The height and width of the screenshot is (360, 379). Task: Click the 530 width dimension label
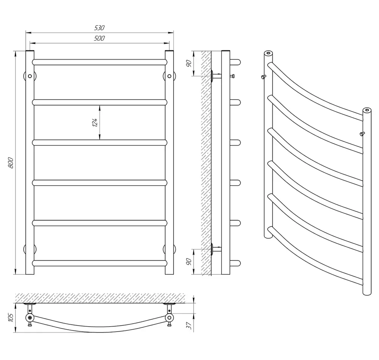point(99,28)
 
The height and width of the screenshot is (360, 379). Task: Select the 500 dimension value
point(99,38)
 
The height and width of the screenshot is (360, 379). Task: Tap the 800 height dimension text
point(10,163)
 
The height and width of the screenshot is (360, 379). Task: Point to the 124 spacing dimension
point(95,123)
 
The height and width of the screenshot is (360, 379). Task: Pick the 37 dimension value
point(189,325)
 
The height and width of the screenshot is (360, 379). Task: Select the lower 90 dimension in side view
point(189,261)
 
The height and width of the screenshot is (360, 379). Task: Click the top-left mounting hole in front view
point(30,76)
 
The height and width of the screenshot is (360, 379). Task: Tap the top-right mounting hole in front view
point(169,76)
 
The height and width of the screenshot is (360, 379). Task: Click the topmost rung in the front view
point(100,62)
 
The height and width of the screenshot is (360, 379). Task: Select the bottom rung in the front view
point(100,263)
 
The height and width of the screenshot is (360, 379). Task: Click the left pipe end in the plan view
point(30,318)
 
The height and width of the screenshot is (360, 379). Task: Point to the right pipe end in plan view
point(169,318)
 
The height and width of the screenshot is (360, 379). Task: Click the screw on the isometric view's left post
point(263,77)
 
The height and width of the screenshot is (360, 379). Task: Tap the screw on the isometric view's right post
point(362,134)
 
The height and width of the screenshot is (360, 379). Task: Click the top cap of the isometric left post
point(268,53)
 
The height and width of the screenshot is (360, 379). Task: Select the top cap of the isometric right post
point(367,110)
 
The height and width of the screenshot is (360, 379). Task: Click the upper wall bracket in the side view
point(216,75)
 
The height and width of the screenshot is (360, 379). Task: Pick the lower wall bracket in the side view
point(216,249)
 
